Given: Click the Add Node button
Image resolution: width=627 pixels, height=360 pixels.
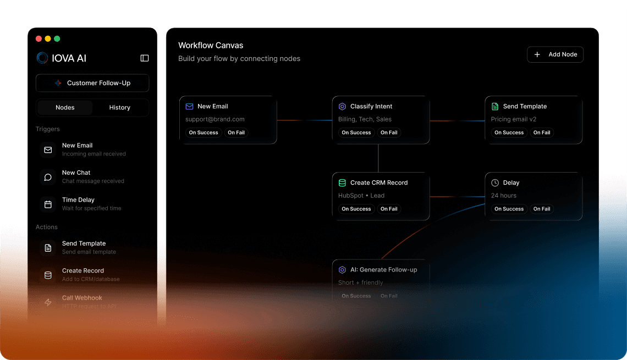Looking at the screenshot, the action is click(x=555, y=54).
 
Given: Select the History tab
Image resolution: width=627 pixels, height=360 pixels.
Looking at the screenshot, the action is click(x=119, y=108).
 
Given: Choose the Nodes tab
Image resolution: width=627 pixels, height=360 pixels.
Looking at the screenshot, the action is click(x=65, y=108).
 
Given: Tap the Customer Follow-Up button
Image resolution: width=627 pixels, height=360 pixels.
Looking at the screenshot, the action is click(x=92, y=83).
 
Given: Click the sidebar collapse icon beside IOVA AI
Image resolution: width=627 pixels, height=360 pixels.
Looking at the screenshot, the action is click(x=145, y=58).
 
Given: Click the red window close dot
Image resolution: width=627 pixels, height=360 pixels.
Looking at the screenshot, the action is click(x=39, y=39).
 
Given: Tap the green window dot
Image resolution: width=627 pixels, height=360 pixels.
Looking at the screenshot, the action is click(x=57, y=39).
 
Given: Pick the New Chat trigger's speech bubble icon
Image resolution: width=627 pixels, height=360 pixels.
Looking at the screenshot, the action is click(x=48, y=177).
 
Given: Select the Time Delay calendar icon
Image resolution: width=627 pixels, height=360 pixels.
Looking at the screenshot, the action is click(x=48, y=204).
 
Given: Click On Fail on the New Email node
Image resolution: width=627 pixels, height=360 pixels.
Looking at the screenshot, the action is click(x=236, y=132).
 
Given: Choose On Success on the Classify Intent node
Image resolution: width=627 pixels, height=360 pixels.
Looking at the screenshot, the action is click(x=356, y=132).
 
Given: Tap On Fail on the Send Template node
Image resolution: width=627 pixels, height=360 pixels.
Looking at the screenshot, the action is click(x=542, y=132).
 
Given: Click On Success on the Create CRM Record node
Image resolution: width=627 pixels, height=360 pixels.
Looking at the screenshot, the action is click(x=356, y=209).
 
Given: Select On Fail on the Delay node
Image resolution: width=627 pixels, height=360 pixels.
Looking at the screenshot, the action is click(x=542, y=209).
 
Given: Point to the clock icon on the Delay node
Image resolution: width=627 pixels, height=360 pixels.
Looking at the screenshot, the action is click(x=495, y=183).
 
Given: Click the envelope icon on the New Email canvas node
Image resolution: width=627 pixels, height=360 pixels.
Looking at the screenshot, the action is click(x=189, y=107).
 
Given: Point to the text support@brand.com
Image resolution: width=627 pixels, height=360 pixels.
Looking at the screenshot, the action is click(x=215, y=119).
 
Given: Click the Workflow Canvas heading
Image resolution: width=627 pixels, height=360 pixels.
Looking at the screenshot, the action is click(x=211, y=46).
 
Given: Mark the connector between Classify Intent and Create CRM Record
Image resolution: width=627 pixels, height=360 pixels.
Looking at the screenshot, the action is click(x=378, y=158).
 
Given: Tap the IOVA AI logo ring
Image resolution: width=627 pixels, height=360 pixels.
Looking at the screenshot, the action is click(x=42, y=58).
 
